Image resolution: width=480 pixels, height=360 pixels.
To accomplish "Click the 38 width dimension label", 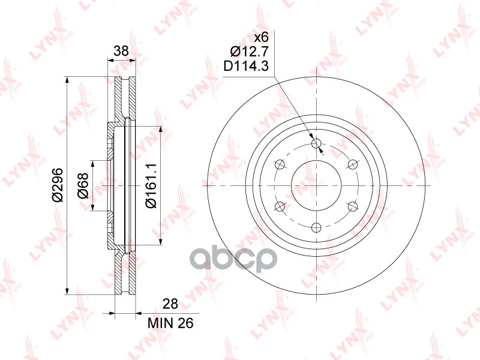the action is tap(121, 51).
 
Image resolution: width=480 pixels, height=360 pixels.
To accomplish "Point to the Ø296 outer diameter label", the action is tap(58, 185).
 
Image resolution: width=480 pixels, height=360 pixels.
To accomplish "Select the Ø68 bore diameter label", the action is tap(83, 185).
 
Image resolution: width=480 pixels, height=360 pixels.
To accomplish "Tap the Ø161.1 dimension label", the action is tap(151, 185).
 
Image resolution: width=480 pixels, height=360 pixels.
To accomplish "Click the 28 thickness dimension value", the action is tap(170, 304).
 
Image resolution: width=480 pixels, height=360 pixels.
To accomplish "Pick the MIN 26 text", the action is tap(170, 323).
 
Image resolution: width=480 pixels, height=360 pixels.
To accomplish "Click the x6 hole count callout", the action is tap(262, 38).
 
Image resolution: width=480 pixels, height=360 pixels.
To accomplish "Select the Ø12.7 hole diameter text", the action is tap(249, 52).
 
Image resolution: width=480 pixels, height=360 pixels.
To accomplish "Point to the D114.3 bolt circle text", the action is tap(246, 65).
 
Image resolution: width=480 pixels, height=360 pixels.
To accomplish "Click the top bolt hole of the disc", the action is tap(316, 143).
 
